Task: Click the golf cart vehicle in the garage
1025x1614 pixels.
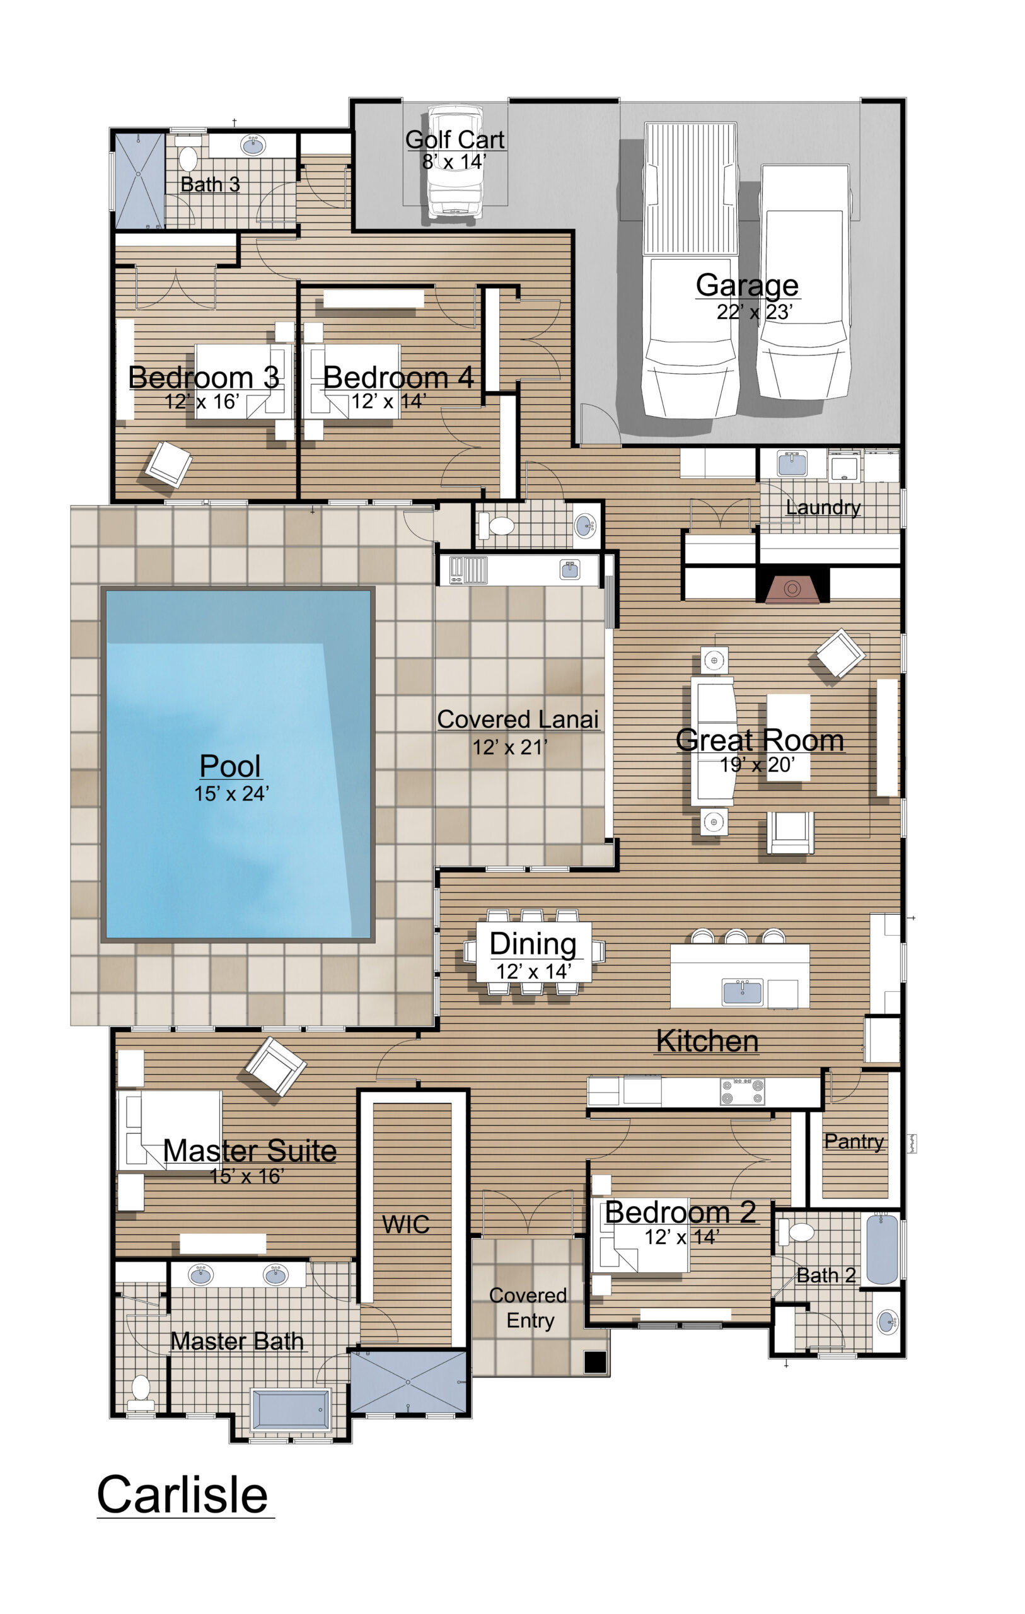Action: pos(455,161)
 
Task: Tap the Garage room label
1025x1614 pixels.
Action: pos(747,284)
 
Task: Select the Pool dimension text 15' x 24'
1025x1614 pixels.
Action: pos(231,794)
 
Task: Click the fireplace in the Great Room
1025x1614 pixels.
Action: pos(792,588)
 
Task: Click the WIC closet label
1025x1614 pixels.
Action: pos(405,1224)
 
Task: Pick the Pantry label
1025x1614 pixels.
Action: pos(854,1141)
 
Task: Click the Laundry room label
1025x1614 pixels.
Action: pos(823,508)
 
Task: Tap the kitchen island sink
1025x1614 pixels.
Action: pos(742,991)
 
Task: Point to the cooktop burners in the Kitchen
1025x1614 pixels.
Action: pos(742,1091)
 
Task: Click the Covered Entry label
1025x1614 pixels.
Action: pos(528,1307)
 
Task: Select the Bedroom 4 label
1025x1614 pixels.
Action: pos(398,378)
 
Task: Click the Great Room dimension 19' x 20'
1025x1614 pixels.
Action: pos(757,765)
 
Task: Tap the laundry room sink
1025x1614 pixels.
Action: pos(792,463)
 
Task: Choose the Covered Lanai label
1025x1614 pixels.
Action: pos(518,719)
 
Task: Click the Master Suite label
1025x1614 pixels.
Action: pos(250,1151)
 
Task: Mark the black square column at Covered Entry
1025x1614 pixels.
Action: pos(594,1362)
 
